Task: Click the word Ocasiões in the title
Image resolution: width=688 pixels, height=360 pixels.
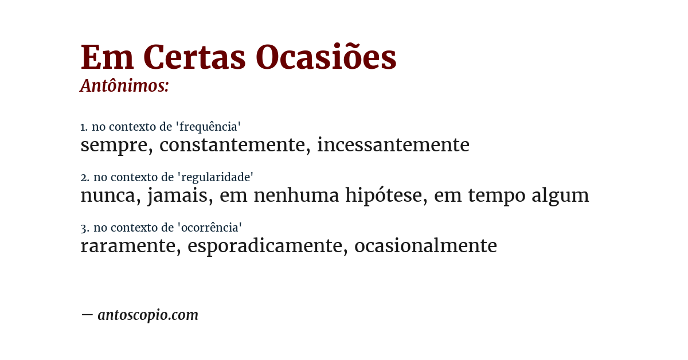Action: pos(326,58)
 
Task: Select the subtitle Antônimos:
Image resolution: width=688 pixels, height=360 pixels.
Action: pos(124,86)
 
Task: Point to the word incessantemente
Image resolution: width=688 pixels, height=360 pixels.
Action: pos(393,145)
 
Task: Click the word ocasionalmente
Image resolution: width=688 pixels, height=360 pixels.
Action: pos(425,246)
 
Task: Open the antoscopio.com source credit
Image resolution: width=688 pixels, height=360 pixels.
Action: pos(147,315)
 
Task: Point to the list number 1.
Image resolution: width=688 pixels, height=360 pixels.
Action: pos(84,127)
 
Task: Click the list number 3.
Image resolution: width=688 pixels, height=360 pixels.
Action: pos(84,228)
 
